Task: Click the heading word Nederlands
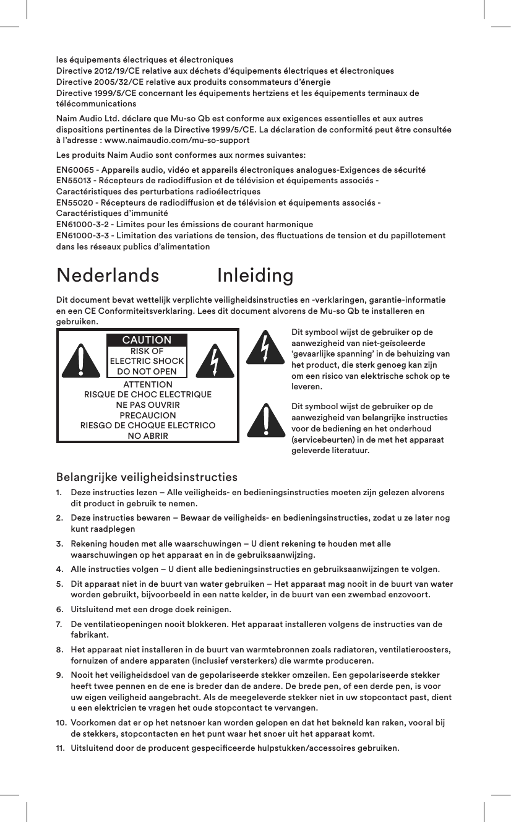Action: pos(107,275)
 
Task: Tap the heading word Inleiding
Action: pos(255,275)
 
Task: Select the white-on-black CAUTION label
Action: pos(147,340)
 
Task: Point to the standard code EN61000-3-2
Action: pos(82,224)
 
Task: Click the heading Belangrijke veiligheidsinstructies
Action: pos(147,477)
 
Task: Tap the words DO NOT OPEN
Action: pos(147,371)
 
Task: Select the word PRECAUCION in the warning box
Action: pos(147,415)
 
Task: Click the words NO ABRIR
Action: pos(147,436)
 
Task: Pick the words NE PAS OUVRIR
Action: pos(147,405)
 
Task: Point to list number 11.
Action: pos(61,749)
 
